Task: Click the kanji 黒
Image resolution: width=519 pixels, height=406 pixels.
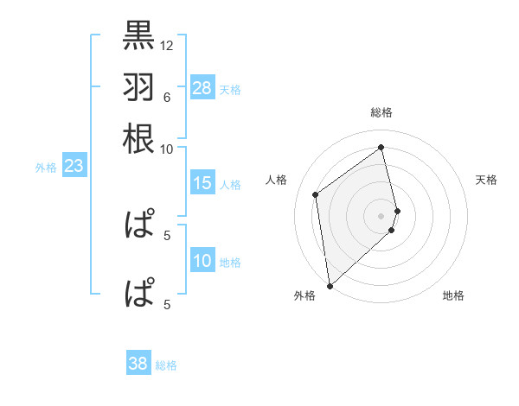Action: click(x=138, y=35)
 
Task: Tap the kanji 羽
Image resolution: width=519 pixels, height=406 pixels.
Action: click(x=138, y=86)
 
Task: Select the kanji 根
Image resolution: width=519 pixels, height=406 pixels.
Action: click(x=138, y=138)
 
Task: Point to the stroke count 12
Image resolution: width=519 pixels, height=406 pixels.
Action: click(x=167, y=45)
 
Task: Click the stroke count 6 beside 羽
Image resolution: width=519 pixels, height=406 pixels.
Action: click(x=166, y=97)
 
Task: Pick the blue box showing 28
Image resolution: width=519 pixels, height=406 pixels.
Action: click(x=202, y=87)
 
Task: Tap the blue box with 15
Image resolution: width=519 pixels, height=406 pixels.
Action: click(x=202, y=183)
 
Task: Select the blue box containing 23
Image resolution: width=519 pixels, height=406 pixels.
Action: click(x=74, y=166)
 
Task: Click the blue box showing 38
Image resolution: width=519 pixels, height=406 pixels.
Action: click(x=138, y=364)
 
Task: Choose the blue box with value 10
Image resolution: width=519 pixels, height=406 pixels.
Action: click(x=202, y=261)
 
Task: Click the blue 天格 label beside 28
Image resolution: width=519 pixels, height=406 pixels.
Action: click(x=230, y=89)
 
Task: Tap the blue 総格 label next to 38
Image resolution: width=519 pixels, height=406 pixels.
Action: click(x=166, y=365)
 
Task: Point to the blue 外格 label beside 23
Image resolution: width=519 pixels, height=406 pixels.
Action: click(x=46, y=168)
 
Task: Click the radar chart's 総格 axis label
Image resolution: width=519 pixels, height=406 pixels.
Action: click(x=381, y=112)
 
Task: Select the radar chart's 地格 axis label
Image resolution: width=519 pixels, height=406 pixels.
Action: click(x=453, y=295)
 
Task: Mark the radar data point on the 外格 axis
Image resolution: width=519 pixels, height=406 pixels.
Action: click(x=330, y=285)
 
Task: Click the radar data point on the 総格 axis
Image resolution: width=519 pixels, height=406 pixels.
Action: click(x=381, y=146)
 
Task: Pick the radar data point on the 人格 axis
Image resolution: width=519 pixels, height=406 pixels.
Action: click(x=316, y=194)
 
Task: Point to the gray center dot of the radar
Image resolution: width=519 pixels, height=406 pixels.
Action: click(x=381, y=215)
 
